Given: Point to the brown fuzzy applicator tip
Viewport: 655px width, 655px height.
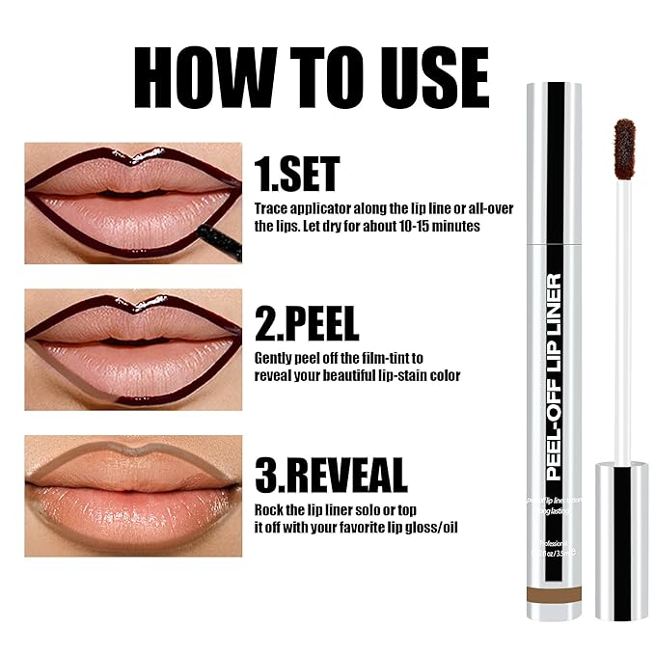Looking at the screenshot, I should point(625,149).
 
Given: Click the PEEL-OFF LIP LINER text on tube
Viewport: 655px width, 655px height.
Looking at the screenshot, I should point(555,377).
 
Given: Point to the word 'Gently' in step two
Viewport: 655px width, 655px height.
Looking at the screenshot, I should point(274,358).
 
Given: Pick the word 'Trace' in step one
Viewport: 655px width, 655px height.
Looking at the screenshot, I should point(271,208).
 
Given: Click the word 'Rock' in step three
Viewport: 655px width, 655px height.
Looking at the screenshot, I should point(270,508).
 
